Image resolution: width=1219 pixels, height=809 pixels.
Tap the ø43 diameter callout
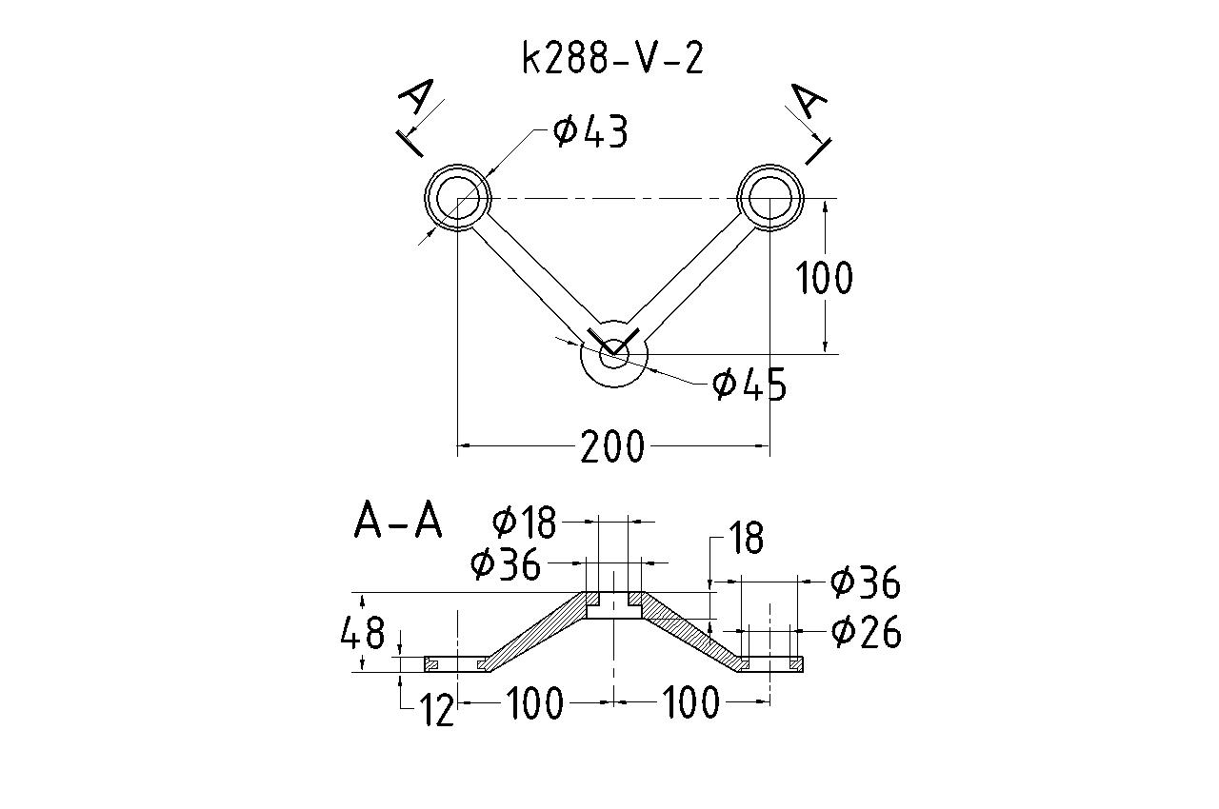pyautogui.click(x=590, y=132)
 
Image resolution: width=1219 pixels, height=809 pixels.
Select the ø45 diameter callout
pyautogui.click(x=750, y=385)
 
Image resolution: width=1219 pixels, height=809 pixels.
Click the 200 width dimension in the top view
pyautogui.click(x=612, y=445)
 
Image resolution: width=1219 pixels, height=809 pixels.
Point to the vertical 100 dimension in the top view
pyautogui.click(x=825, y=278)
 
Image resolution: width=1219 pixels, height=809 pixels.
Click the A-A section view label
pyautogui.click(x=398, y=521)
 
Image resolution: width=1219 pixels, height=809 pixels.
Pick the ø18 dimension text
pyautogui.click(x=524, y=522)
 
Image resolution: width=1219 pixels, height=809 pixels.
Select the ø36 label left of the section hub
pyautogui.click(x=506, y=564)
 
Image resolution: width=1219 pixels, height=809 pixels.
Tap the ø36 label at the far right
pyautogui.click(x=865, y=582)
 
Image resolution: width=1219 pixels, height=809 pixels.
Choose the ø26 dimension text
pyautogui.click(x=866, y=631)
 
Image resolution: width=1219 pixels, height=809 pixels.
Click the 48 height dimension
pyautogui.click(x=363, y=632)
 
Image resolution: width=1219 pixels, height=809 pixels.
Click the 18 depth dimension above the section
pyautogui.click(x=747, y=539)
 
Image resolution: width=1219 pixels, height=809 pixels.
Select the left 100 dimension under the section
pyautogui.click(x=534, y=704)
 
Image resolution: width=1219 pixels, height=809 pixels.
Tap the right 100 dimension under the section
pyautogui.click(x=690, y=704)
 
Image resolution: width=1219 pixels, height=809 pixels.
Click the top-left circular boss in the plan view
pyautogui.click(x=458, y=197)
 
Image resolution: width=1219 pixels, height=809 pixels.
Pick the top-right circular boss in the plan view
pyautogui.click(x=770, y=197)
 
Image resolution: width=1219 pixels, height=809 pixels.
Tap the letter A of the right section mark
pyautogui.click(x=810, y=99)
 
